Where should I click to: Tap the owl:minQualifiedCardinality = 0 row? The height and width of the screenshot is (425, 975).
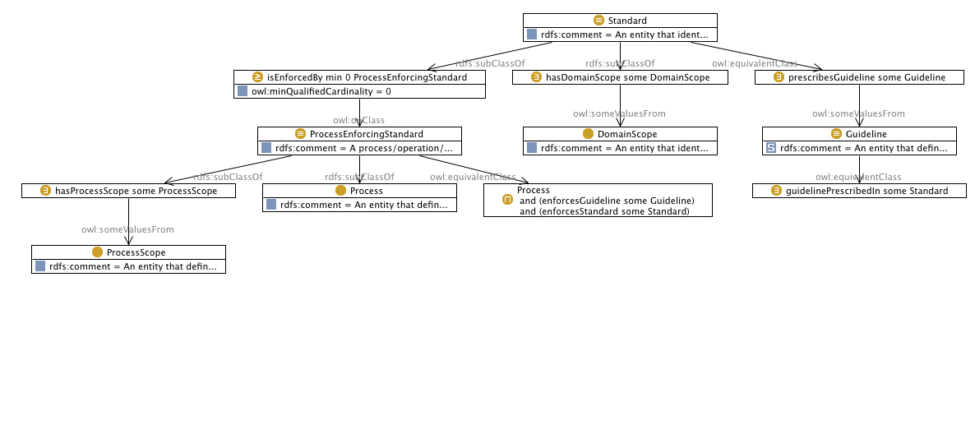(359, 91)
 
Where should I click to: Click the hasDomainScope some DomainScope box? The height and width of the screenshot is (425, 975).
(621, 77)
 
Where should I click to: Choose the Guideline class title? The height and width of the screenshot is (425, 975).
(859, 134)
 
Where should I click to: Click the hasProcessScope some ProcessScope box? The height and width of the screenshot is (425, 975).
(128, 191)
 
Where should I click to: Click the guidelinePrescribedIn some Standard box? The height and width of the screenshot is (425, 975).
(859, 191)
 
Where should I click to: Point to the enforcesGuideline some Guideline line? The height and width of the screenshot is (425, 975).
(608, 201)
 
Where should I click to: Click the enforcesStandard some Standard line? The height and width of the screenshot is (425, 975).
(604, 211)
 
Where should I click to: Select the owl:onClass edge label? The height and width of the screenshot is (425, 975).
(358, 120)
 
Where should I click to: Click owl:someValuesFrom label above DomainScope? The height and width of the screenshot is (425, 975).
(619, 113)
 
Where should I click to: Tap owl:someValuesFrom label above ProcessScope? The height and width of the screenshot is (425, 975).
(127, 229)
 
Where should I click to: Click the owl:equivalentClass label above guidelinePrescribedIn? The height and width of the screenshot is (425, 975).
(858, 177)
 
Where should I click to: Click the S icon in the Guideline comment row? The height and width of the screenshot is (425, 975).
(770, 148)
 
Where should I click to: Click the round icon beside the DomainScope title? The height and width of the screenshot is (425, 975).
(588, 134)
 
